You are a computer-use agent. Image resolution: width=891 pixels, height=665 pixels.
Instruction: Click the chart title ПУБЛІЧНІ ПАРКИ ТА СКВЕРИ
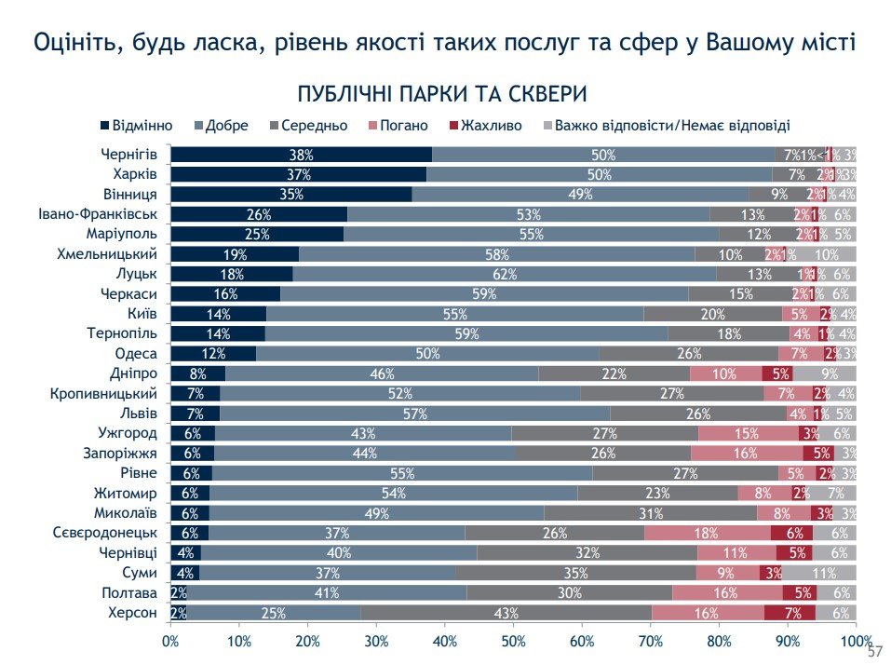pos(441,95)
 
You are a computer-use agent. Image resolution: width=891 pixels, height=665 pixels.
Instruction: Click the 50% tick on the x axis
pos(513,642)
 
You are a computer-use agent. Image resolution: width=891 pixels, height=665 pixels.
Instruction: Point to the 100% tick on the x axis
pos(856,642)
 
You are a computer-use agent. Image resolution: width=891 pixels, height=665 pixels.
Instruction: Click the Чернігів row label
pos(129,155)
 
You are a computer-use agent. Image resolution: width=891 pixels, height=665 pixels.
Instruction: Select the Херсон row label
pos(133,612)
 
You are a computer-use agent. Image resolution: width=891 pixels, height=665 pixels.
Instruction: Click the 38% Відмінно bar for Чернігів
pos(301,155)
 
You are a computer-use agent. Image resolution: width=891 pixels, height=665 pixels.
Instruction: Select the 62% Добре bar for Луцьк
pos(505,274)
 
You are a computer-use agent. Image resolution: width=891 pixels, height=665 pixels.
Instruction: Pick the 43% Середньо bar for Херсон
pos(506,612)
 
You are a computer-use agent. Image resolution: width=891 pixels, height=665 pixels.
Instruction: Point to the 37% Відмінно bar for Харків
pos(298,174)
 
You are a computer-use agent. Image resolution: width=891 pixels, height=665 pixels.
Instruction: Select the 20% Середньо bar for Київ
pos(712,314)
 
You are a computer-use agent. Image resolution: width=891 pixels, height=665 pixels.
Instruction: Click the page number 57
pos(874,651)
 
